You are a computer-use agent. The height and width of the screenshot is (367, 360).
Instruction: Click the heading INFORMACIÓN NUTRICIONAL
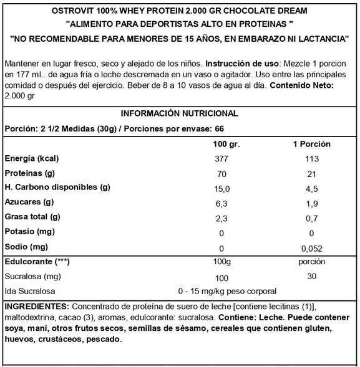coord(179,114)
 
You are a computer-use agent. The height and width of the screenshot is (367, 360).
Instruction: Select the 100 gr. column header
coord(223,144)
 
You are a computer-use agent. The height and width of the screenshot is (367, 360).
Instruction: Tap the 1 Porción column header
coord(312,144)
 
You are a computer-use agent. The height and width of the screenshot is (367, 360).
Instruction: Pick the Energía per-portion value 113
coord(312,158)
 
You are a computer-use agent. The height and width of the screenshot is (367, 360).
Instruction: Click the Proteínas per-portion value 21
coord(312,173)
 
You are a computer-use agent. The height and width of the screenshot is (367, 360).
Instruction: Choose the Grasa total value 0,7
coord(312,217)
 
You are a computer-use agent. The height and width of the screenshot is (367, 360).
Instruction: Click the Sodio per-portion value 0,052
coord(312,247)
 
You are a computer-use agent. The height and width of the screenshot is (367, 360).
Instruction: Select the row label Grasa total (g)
coord(32,217)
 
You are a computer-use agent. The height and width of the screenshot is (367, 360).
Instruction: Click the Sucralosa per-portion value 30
coord(312,277)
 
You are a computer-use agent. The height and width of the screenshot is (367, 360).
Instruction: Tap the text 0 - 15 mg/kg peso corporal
coord(227,291)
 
